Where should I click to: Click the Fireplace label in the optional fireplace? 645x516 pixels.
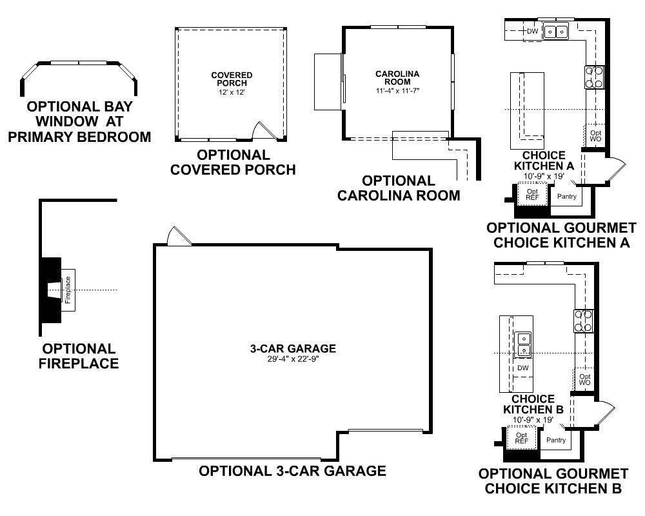68,290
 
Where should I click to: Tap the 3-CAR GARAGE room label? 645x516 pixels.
293,348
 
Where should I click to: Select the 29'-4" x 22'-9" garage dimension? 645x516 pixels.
293,359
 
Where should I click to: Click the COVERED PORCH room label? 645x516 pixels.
232,79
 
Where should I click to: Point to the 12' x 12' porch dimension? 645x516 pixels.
232,92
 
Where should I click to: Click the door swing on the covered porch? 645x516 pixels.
263,130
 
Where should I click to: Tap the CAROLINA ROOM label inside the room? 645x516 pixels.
397,78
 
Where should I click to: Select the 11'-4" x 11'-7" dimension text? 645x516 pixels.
397,90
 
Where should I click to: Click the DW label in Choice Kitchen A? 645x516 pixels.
532,31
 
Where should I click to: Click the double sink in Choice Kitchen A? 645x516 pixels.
556,31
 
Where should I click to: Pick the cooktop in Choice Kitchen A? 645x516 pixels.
595,77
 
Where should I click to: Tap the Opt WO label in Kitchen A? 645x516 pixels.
595,136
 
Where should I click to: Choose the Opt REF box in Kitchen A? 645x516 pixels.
532,194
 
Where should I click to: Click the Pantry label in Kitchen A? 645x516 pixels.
567,197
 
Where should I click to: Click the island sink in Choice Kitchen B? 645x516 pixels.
523,344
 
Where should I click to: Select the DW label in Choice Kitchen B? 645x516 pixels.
523,368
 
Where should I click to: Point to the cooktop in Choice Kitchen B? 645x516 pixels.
584,321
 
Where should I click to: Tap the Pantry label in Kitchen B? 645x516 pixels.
556,441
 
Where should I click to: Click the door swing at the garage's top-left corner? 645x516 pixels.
179,237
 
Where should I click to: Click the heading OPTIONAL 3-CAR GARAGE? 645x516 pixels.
292,471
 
